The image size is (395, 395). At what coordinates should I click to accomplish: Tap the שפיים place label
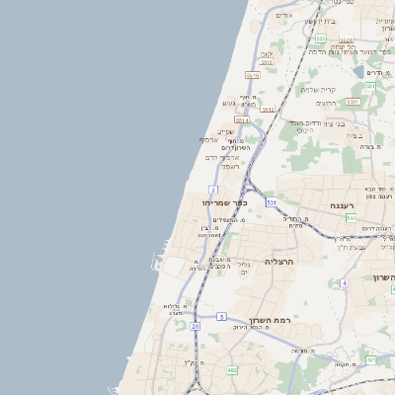tap(225, 132)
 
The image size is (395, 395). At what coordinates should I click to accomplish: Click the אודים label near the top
tap(284, 15)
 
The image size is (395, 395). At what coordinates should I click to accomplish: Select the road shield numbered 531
tap(272, 202)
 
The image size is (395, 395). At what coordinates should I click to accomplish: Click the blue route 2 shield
tap(213, 189)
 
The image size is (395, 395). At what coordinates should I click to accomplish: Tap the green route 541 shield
tap(351, 217)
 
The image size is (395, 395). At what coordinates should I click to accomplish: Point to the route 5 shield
tap(222, 316)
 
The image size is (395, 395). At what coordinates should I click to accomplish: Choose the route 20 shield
tap(196, 325)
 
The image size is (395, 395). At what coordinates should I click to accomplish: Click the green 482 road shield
tap(231, 369)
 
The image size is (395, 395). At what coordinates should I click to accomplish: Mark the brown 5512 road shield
tap(267, 63)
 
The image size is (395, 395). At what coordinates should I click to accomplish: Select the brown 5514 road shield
tap(243, 119)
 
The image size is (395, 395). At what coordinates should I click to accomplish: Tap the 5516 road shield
tap(253, 75)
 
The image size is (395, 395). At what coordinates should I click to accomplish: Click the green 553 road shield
tap(369, 87)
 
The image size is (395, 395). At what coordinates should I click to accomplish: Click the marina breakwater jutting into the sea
tap(155, 262)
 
